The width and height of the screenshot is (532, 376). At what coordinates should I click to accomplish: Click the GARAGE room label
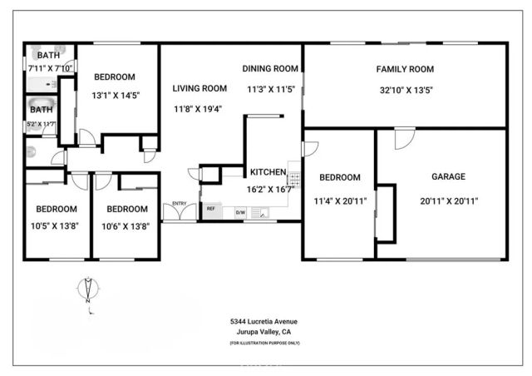[448, 176]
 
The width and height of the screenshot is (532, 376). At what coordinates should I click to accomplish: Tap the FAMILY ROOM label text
[405, 69]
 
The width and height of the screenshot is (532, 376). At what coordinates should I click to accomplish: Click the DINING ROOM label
[270, 68]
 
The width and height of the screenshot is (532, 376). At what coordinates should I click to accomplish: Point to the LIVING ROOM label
[199, 88]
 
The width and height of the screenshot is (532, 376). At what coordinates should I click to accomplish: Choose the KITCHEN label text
[268, 172]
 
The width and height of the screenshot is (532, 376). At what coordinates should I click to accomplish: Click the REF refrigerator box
[211, 210]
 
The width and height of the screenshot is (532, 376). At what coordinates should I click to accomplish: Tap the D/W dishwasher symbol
[240, 213]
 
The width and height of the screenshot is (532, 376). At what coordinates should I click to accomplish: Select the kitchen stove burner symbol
[293, 177]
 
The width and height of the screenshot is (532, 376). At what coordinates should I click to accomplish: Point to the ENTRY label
[180, 204]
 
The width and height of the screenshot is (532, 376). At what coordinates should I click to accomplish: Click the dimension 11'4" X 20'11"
[340, 200]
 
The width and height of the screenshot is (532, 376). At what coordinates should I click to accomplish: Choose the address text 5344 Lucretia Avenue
[264, 321]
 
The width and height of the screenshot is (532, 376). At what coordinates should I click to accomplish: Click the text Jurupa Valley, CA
[264, 332]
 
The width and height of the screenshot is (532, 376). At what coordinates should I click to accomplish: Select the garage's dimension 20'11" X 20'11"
[448, 200]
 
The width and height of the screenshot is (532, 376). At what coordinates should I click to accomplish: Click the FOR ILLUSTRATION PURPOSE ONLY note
[264, 343]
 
